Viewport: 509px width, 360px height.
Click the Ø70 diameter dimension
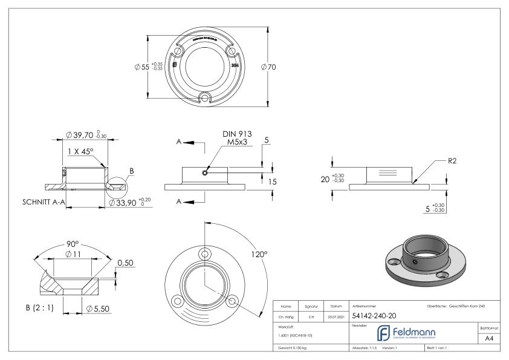tap(268, 67)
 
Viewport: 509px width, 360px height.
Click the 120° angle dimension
tap(259, 255)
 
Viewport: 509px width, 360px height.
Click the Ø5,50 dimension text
tap(98, 309)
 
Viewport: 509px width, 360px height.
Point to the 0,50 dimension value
tap(125, 263)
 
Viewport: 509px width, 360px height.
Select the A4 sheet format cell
tap(491, 339)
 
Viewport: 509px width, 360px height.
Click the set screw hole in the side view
tap(206, 172)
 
